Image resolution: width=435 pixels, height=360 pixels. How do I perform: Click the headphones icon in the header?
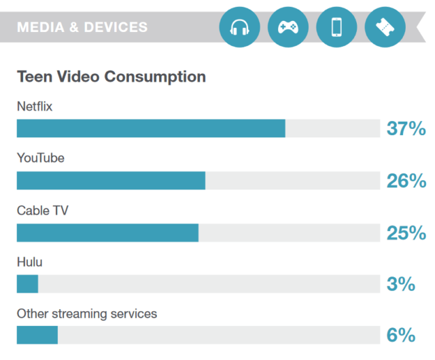[x=240, y=27]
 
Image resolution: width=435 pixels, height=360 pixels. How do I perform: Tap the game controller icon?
[x=288, y=27]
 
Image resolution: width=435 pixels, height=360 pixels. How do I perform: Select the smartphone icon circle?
[x=336, y=27]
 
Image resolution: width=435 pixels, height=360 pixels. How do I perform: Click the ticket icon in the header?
[x=385, y=27]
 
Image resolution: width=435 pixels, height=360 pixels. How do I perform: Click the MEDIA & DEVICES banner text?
[x=82, y=27]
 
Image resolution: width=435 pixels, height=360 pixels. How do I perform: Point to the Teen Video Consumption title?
[x=111, y=76]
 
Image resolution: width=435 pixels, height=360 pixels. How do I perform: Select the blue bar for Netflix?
[x=151, y=128]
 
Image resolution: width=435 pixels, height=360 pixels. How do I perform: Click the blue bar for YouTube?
[x=111, y=181]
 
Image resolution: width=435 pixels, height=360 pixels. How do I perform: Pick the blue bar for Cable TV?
[x=107, y=233]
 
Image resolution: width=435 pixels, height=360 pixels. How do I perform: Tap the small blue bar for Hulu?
[x=27, y=284]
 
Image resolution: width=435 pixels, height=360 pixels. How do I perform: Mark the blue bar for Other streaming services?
[x=37, y=336]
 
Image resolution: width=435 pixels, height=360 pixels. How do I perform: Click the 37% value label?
[x=406, y=128]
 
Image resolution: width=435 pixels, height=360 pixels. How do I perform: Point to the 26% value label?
[x=406, y=181]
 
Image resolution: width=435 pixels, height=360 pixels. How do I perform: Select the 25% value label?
[x=406, y=233]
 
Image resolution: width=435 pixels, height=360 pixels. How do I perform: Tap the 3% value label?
[x=400, y=284]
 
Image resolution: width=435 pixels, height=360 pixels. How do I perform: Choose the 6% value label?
[x=400, y=336]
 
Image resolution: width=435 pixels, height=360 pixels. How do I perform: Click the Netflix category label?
[x=35, y=106]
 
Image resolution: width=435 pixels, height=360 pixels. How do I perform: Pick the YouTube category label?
[x=40, y=158]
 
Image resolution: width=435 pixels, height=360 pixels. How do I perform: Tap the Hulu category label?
[x=30, y=262]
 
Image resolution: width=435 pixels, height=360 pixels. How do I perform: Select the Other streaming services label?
[x=87, y=314]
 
